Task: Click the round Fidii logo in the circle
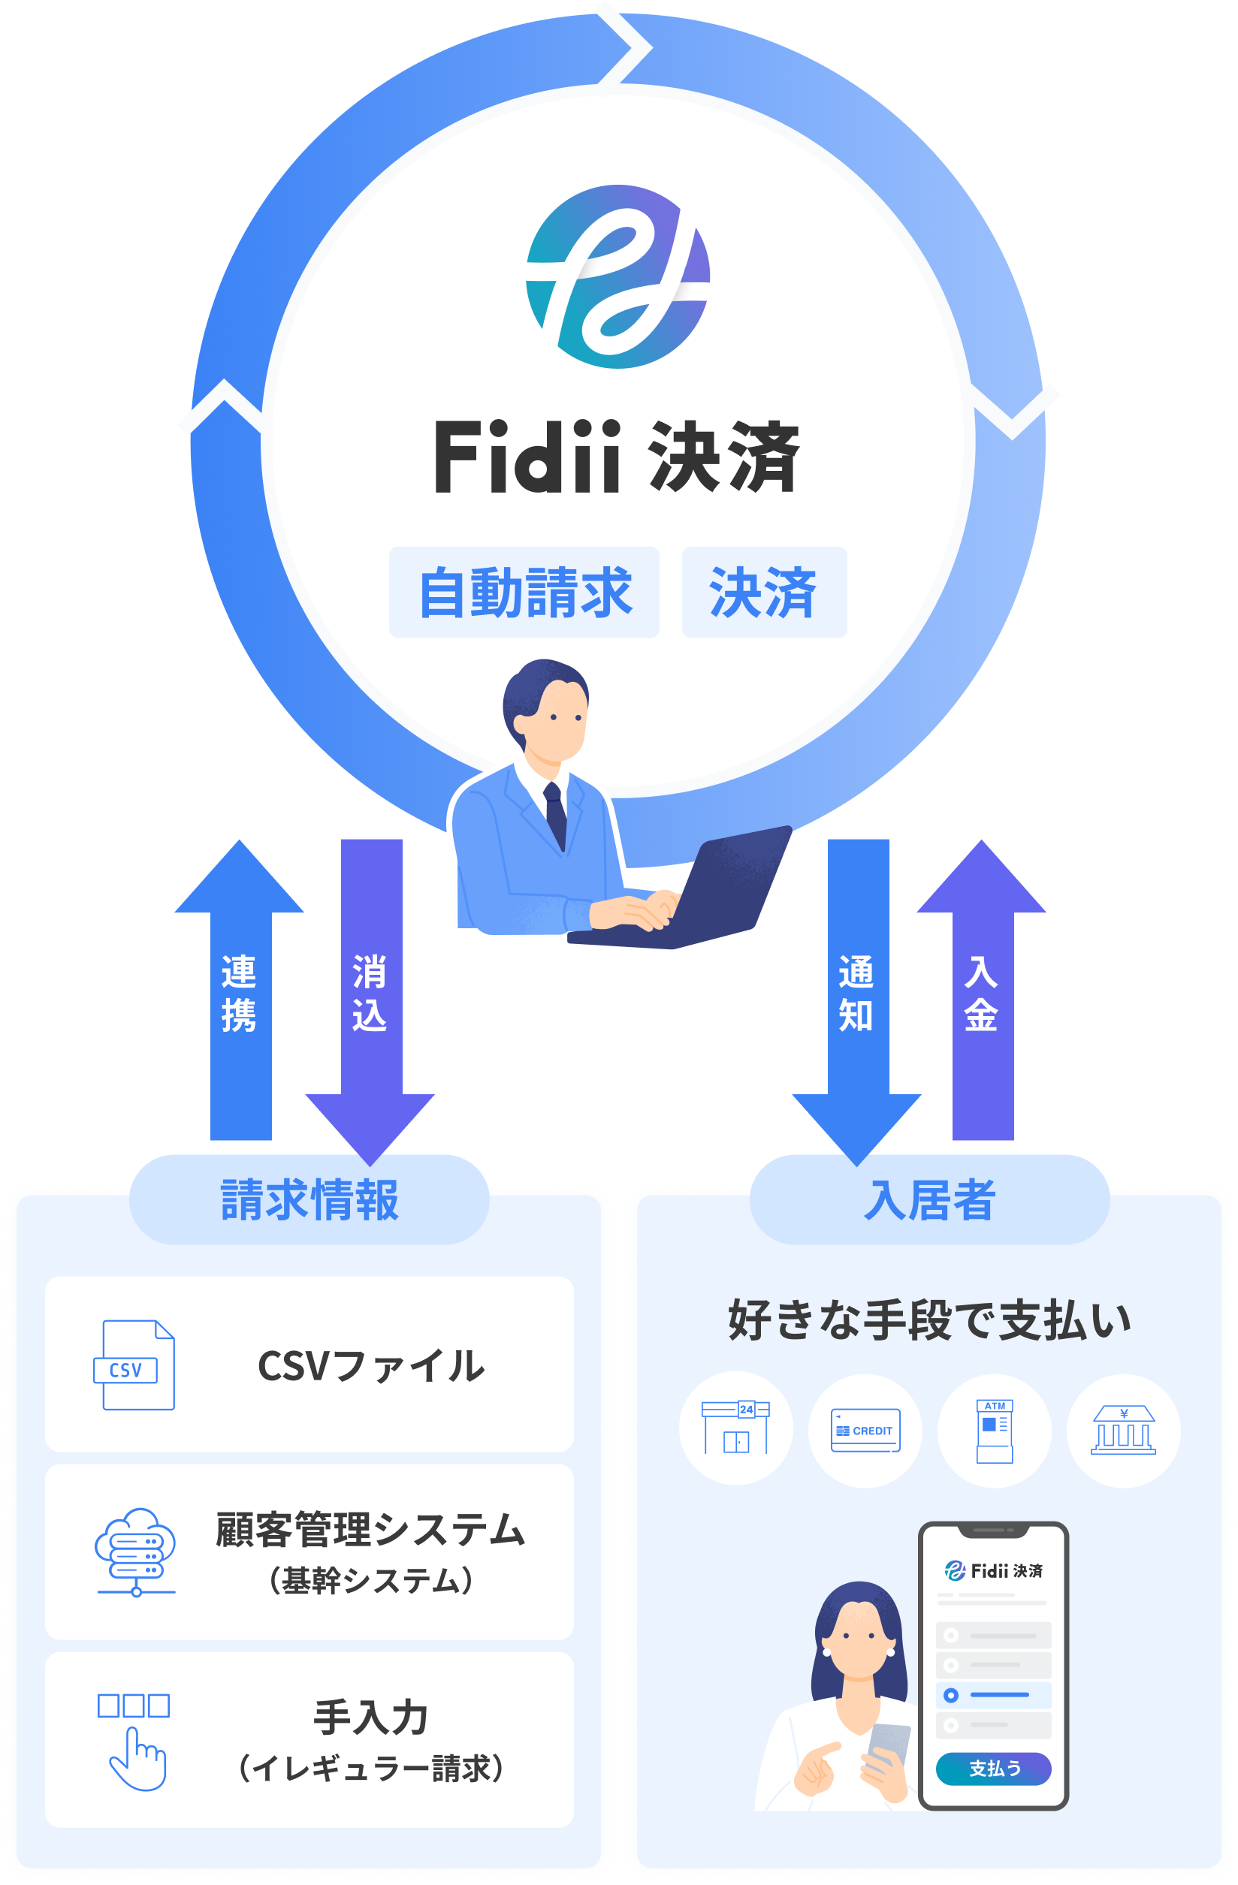point(617,276)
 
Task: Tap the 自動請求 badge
point(524,592)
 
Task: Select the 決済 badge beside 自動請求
point(763,592)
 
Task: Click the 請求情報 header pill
point(309,1199)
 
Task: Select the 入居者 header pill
point(929,1199)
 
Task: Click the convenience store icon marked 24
point(736,1430)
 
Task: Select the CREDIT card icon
point(865,1430)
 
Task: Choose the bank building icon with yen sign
point(1123,1430)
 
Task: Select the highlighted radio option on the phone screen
point(951,1695)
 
